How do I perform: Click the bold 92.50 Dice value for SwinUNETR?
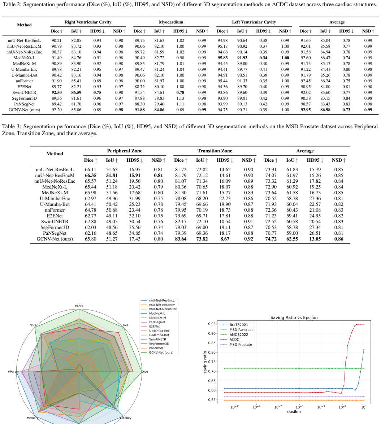point(56,92)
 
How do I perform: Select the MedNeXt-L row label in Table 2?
point(24,58)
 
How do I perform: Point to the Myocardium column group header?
point(171,22)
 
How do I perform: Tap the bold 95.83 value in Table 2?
point(222,58)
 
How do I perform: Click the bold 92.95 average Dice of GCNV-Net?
point(306,110)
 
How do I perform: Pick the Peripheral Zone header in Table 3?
point(125,151)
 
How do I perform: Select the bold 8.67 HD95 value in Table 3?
point(225,239)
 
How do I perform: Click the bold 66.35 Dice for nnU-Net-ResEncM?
point(91,176)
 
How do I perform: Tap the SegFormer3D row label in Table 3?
point(55,228)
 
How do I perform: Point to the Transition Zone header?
point(215,151)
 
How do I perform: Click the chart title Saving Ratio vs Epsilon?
point(294,317)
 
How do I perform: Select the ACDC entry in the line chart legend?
point(234,339)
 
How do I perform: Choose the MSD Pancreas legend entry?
point(242,330)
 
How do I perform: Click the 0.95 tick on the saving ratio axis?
point(212,324)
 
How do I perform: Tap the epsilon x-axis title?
point(294,412)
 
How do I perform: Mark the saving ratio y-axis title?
point(205,362)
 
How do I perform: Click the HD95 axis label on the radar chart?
point(79,306)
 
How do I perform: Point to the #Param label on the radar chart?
point(13,372)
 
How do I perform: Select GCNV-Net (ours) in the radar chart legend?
point(161,352)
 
